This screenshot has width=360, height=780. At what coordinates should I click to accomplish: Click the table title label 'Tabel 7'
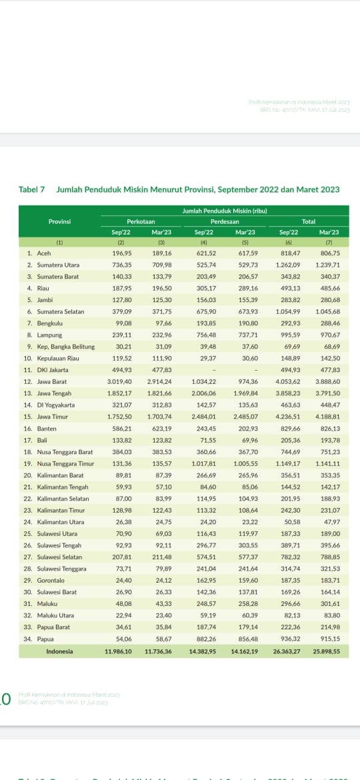click(x=31, y=189)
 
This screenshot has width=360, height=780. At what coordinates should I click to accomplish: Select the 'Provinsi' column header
click(x=59, y=221)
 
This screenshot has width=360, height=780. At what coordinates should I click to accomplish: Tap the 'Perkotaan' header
click(x=141, y=221)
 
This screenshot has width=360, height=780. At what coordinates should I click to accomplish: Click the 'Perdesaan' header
click(x=225, y=221)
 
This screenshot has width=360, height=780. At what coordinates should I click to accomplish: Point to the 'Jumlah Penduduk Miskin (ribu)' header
click(x=225, y=211)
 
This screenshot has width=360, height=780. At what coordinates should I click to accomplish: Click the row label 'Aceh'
click(x=43, y=253)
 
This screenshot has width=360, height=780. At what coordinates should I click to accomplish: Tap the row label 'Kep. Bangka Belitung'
click(x=65, y=346)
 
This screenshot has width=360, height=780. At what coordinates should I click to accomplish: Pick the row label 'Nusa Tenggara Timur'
click(x=65, y=463)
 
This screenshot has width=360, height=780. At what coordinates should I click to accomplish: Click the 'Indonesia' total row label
click(x=59, y=651)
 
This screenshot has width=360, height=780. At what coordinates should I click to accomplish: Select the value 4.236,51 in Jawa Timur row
click(x=288, y=416)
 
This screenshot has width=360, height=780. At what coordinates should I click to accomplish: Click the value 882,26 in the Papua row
click(x=205, y=637)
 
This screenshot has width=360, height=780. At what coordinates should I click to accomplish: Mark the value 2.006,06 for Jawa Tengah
click(x=205, y=393)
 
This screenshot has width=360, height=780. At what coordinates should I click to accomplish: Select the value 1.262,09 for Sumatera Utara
click(x=288, y=265)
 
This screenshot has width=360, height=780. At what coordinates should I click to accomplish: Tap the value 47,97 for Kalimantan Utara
click(x=331, y=521)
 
